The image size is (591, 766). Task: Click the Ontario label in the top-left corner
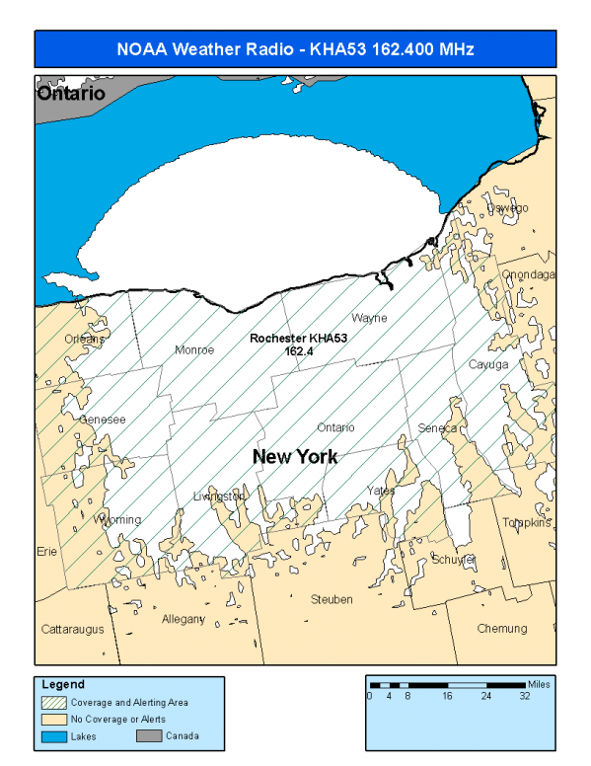coord(70,95)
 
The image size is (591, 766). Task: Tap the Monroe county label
coord(193,349)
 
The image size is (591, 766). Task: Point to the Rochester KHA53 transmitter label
coord(298,344)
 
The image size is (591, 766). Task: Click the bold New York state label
coord(295,457)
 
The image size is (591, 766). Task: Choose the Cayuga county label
coord(488,364)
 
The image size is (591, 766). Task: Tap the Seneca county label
coord(437,427)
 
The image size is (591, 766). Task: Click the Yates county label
coord(381,491)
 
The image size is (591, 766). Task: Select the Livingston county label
coord(219,496)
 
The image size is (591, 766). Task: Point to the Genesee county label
coord(103,420)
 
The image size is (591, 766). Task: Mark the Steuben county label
coord(331,599)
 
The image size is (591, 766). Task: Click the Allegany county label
coord(184,619)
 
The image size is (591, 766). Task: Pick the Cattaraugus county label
coord(72,629)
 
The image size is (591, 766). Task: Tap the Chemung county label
coord(502,629)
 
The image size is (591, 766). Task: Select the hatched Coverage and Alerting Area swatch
coord(53,703)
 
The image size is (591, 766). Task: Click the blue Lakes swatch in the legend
coord(53,735)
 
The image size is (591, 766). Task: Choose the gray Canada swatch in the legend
coord(149,735)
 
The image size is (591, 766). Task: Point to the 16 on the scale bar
coord(447,696)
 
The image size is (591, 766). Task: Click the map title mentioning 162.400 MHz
coord(295,48)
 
